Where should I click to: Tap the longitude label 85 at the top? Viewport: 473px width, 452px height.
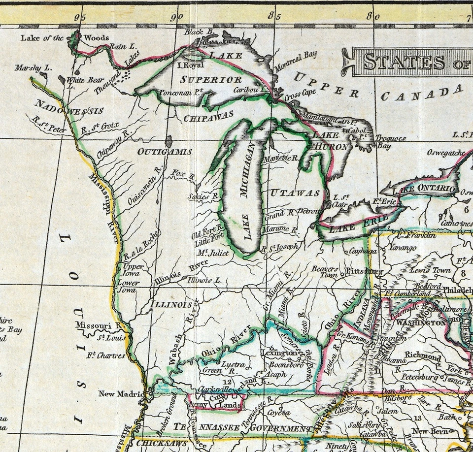[270, 17]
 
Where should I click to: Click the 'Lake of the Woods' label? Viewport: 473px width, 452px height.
[64, 37]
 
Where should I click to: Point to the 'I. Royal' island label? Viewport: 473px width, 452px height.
[190, 65]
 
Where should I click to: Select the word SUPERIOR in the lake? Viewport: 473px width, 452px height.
[211, 79]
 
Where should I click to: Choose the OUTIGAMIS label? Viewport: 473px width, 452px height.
[165, 151]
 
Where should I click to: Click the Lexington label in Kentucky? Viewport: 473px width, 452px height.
[279, 353]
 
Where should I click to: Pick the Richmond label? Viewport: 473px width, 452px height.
[422, 355]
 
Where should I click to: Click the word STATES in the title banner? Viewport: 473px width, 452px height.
[404, 62]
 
